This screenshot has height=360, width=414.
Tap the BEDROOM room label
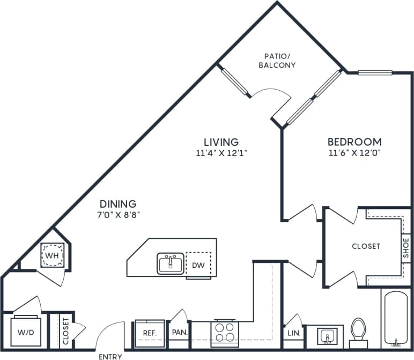click(354, 142)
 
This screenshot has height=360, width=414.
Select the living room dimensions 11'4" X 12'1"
click(221, 153)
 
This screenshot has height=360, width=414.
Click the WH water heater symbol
click(52, 255)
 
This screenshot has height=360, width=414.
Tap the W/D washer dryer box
click(25, 332)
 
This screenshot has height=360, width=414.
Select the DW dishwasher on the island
click(198, 265)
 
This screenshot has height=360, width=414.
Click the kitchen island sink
click(171, 264)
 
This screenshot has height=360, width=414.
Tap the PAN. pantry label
click(179, 333)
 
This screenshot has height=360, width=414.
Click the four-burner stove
click(225, 331)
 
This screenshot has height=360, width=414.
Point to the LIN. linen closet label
click(293, 333)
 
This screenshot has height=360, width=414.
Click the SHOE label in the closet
click(405, 248)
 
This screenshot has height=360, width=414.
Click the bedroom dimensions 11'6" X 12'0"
click(354, 153)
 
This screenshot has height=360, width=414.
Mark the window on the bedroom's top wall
click(375, 72)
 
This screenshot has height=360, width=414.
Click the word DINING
click(118, 204)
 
